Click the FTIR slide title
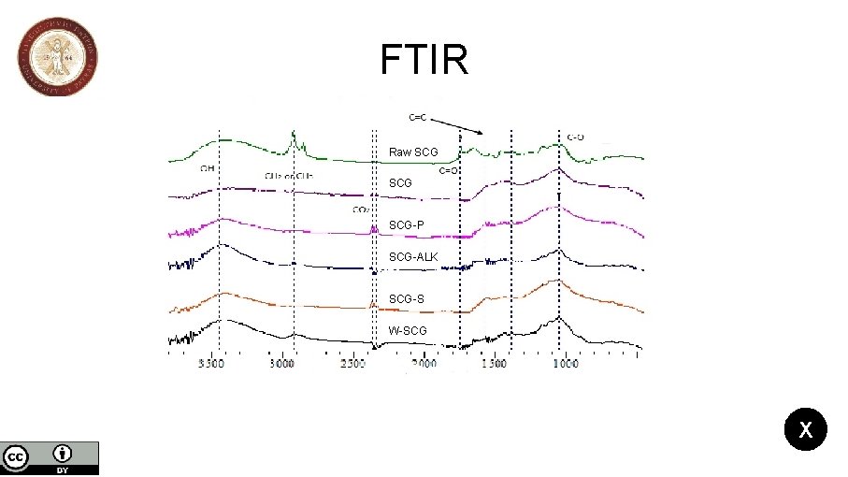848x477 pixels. tap(424, 60)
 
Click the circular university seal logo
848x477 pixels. tap(57, 56)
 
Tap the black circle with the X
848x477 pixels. tap(805, 430)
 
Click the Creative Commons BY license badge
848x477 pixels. tap(50, 457)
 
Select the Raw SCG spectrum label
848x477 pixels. tap(413, 152)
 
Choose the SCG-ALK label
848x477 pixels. tap(413, 257)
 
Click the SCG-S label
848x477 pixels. tap(407, 298)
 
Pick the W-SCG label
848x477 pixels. tap(408, 330)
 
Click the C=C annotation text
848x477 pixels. tap(419, 117)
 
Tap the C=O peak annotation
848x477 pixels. tap(448, 170)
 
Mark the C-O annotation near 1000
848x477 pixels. tap(576, 137)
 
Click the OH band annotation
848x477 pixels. tap(208, 169)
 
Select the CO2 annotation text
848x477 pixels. tap(359, 209)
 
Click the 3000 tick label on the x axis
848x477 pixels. tap(281, 364)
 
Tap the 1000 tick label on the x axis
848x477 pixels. tap(565, 364)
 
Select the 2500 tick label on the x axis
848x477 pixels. tap(352, 364)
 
